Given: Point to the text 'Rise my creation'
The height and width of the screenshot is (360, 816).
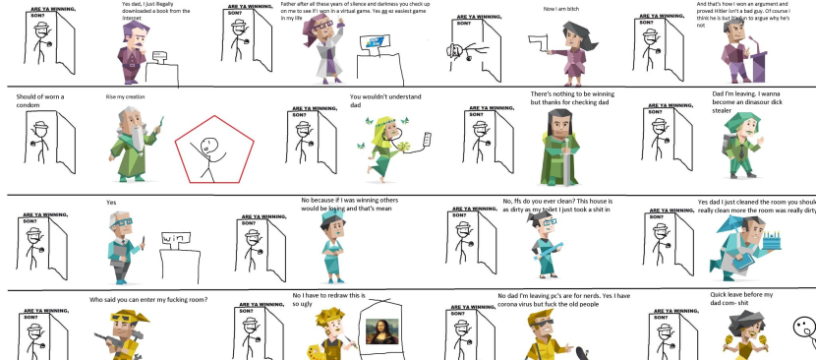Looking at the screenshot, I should tap(125, 96).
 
